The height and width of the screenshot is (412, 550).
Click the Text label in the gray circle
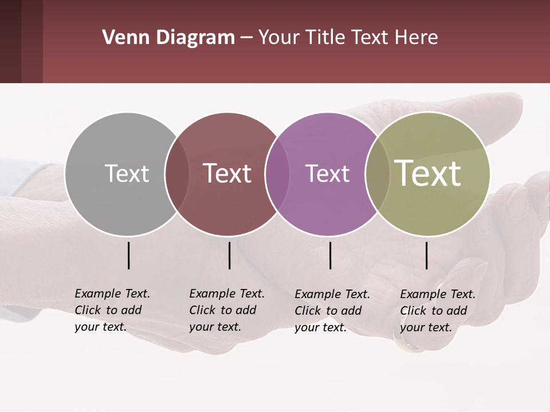point(127,173)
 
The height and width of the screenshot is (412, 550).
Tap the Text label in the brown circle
point(227,173)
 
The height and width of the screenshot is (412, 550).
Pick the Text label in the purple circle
point(327,173)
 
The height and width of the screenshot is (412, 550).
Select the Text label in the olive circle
point(428,173)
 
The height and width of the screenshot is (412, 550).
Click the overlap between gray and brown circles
point(177,174)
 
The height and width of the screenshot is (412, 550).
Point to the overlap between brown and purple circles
point(277,174)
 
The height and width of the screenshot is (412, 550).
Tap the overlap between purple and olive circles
point(378,174)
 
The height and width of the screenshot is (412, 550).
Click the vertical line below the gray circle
point(129,255)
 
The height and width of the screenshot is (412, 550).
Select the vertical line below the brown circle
point(230,255)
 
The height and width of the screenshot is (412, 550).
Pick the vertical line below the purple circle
point(331,255)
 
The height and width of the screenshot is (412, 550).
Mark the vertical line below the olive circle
point(427,255)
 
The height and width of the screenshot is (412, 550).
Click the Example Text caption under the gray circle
point(112,310)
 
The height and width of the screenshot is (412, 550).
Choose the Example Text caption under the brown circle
point(226,310)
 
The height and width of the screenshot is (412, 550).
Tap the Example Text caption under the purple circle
point(332,311)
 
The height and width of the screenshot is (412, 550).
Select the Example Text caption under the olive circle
point(437,311)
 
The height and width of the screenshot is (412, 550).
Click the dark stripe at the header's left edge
point(10,41)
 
